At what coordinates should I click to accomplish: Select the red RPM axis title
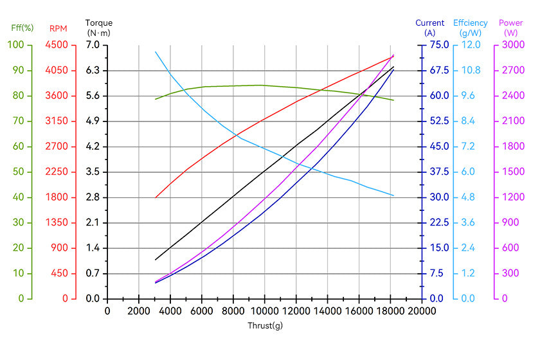[58, 28]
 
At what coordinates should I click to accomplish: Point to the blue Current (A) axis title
[429, 28]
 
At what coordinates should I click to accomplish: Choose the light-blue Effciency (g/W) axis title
[471, 28]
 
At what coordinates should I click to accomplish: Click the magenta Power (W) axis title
[511, 28]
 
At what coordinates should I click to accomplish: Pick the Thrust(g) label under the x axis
[265, 325]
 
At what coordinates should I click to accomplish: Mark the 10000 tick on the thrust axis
[264, 311]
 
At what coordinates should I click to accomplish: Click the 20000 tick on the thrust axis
[421, 311]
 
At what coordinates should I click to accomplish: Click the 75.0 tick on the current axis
[439, 45]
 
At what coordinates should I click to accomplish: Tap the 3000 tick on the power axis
[511, 45]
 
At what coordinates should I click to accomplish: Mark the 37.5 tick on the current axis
[439, 172]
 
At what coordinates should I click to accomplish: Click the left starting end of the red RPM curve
[156, 197]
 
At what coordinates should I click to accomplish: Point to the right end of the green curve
[393, 100]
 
